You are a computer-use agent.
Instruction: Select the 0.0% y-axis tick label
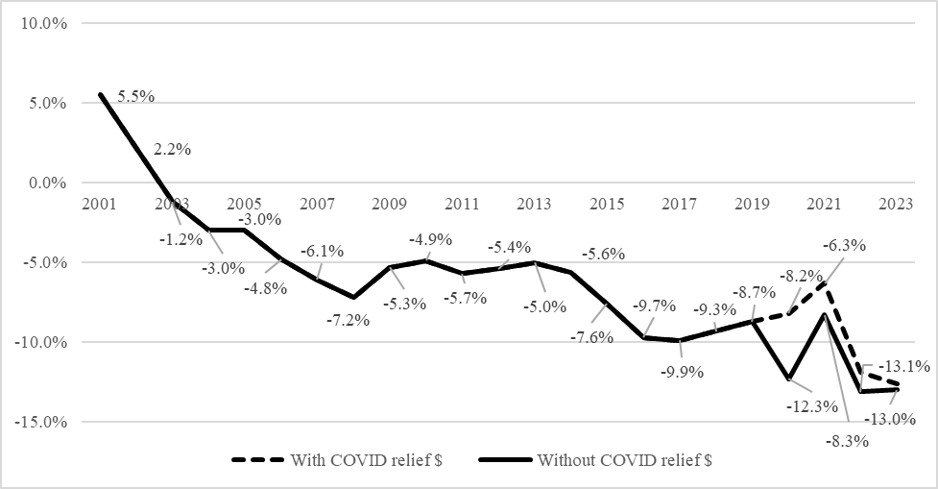pos(37,183)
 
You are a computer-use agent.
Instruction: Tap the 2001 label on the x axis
pos(100,205)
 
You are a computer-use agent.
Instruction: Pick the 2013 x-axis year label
pos(535,205)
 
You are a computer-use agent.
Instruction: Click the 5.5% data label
pos(136,98)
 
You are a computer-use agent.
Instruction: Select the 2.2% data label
pos(173,150)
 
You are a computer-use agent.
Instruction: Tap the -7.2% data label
pos(349,320)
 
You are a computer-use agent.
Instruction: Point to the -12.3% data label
pos(806,406)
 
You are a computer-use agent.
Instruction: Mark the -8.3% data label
pos(848,442)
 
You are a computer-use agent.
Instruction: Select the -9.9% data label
pos(683,372)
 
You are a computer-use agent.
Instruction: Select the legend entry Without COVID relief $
pos(624,460)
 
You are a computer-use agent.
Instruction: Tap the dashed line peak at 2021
pos(825,283)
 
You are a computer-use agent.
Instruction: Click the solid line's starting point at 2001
pos(100,95)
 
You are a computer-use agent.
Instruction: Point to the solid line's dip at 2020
pos(788,379)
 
